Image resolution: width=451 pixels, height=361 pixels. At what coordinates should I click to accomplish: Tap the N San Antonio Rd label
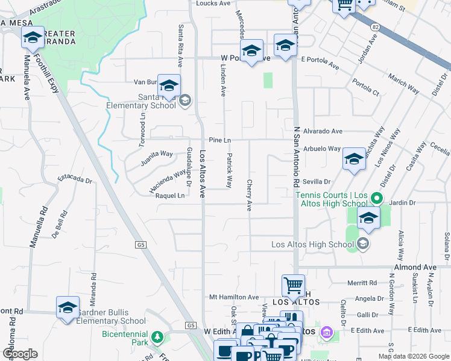(296, 156)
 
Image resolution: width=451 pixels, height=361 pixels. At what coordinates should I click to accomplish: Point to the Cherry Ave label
(249, 195)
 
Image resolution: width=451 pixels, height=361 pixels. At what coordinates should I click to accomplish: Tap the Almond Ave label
(415, 267)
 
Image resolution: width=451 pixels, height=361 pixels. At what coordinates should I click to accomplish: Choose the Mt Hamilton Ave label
(234, 297)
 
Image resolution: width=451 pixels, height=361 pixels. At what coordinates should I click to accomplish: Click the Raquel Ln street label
(170, 196)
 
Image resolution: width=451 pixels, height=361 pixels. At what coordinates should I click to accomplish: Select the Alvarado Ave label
(323, 131)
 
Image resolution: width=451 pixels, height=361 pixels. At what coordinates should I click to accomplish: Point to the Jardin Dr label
(400, 203)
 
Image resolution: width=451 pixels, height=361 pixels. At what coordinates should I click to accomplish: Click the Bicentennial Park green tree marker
(157, 336)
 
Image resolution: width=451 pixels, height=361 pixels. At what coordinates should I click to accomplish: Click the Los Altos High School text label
(312, 244)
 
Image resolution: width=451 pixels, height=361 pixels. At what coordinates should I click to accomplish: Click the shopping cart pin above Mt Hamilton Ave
(293, 285)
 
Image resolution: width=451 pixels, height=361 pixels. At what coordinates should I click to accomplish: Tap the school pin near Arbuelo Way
(354, 159)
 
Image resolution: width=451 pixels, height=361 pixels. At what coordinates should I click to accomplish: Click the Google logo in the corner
(20, 354)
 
